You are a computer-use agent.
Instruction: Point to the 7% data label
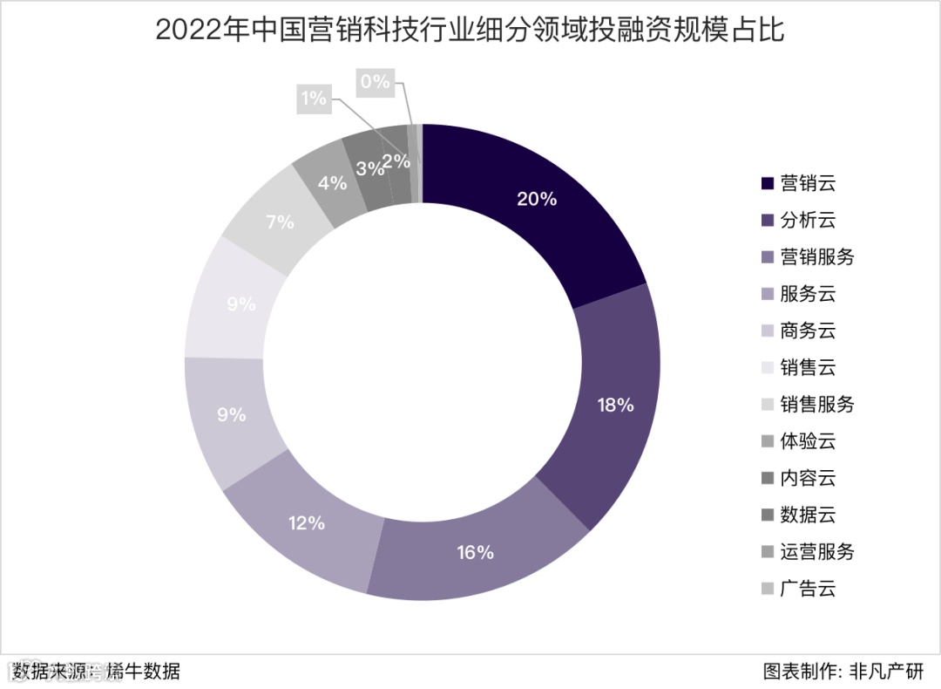click(x=280, y=222)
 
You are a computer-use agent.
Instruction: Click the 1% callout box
click(x=312, y=99)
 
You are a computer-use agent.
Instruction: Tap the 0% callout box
click(x=374, y=82)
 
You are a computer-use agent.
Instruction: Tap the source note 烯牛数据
click(x=144, y=671)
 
